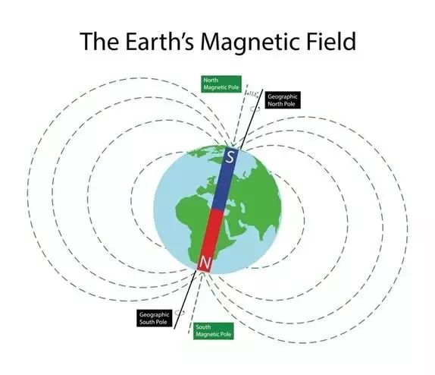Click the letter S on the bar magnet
pos(230,157)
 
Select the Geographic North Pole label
pos(283,100)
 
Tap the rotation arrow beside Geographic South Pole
pos(180,312)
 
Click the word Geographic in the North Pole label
pos(284,97)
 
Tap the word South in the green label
pos(203,326)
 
